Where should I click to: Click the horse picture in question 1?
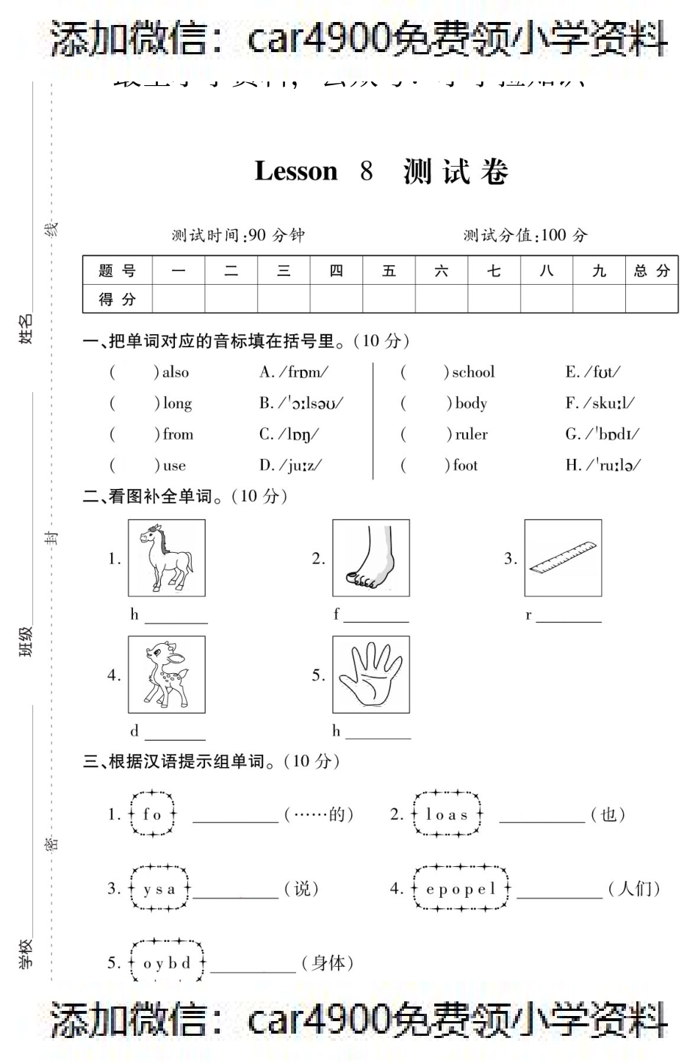(167, 558)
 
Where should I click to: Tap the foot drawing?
(370, 558)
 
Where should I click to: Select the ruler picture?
(563, 558)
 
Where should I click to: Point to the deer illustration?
(167, 674)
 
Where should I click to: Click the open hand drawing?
(370, 674)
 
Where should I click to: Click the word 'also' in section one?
(176, 372)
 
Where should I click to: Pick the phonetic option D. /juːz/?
(290, 465)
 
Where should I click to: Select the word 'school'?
(473, 372)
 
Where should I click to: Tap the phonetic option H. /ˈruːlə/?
(602, 465)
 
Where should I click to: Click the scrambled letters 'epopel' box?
(461, 889)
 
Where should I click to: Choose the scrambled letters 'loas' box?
(447, 814)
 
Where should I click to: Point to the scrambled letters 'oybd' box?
(167, 963)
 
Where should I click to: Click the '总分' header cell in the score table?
(652, 271)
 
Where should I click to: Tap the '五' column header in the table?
(389, 271)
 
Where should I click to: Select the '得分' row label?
(118, 300)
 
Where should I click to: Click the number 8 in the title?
(366, 172)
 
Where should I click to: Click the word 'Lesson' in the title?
(296, 172)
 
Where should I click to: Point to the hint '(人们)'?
(634, 889)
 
